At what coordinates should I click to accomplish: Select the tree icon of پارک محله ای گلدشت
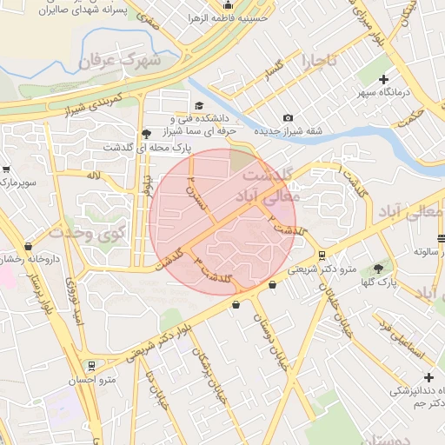pyautogui.click(x=146, y=133)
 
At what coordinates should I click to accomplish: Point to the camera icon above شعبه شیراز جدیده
pyautogui.click(x=288, y=118)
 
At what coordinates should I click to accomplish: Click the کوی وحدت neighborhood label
pyautogui.click(x=88, y=231)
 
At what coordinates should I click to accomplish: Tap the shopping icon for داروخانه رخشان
pyautogui.click(x=28, y=247)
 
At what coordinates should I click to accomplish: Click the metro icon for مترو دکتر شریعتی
pyautogui.click(x=323, y=256)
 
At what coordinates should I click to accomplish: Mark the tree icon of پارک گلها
pyautogui.click(x=378, y=269)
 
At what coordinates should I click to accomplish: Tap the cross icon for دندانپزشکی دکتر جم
pyautogui.click(x=427, y=376)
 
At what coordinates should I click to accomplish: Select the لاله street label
pyautogui.click(x=93, y=176)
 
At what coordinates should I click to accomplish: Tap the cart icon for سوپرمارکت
pyautogui.click(x=6, y=169)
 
